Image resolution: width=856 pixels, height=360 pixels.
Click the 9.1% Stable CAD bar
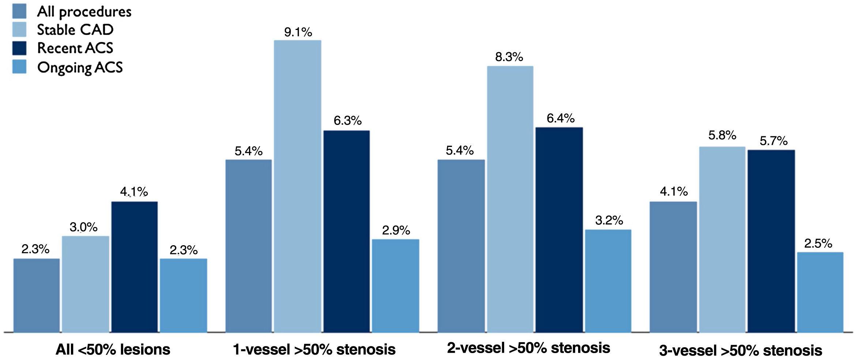[298, 186]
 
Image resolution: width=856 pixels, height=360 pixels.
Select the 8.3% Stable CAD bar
[510, 199]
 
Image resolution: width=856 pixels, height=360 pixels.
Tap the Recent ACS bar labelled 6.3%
[346, 231]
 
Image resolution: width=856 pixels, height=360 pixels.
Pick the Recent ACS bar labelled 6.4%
[559, 230]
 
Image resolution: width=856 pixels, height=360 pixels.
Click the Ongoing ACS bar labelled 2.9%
[395, 286]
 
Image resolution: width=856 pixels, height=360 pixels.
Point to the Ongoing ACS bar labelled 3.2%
[608, 281]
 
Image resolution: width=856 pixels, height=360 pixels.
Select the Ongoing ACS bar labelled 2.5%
[820, 292]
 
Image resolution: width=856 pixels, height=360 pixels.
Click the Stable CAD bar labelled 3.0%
[86, 284]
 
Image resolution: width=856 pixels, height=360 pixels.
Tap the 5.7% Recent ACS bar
[771, 241]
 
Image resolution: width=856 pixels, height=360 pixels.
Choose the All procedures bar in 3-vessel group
[673, 267]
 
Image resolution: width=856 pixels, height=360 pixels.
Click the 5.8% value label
[722, 135]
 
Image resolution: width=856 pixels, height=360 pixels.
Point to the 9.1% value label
[298, 32]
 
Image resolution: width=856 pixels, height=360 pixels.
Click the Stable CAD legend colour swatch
[19, 30]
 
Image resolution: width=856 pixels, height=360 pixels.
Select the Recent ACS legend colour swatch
[19, 48]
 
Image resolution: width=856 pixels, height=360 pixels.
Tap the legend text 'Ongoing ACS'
[80, 68]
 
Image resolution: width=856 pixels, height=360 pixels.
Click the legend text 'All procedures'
[84, 12]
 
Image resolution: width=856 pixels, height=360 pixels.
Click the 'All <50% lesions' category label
[113, 349]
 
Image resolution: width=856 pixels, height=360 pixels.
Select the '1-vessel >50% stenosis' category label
[314, 349]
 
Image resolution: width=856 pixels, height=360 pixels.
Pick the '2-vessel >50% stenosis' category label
[528, 348]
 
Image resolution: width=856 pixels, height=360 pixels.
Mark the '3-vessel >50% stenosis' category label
[740, 350]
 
